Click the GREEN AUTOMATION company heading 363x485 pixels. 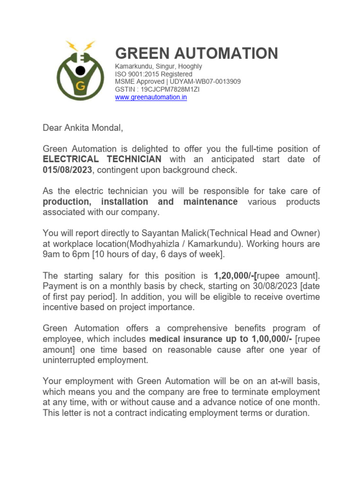pyautogui.click(x=197, y=53)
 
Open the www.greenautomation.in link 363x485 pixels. pyautogui.click(x=151, y=98)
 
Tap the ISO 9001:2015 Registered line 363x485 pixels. pyautogui.click(x=154, y=74)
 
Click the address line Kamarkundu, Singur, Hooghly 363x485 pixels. pyautogui.click(x=158, y=66)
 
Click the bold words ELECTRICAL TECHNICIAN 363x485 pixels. pyautogui.click(x=102, y=159)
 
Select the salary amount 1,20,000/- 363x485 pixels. pyautogui.click(x=234, y=276)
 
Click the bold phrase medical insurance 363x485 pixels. pyautogui.click(x=186, y=339)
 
